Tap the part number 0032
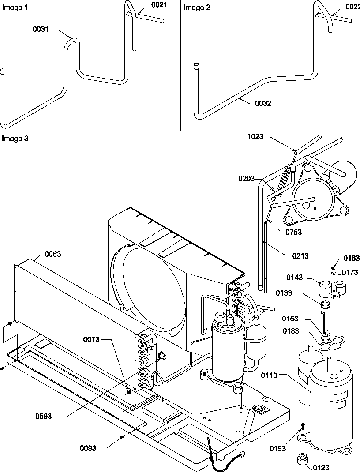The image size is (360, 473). coord(263,103)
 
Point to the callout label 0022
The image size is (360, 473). coord(352,6)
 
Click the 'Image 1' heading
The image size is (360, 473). coord(12,7)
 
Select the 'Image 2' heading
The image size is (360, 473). coord(194,7)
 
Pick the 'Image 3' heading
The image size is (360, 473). coord(15,139)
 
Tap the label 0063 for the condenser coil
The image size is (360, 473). coord(53,254)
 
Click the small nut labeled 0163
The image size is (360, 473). coord(334,267)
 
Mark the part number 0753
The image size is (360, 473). coord(293,232)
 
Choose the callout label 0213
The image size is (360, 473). coord(300,255)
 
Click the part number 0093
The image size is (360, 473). coord(88,448)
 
